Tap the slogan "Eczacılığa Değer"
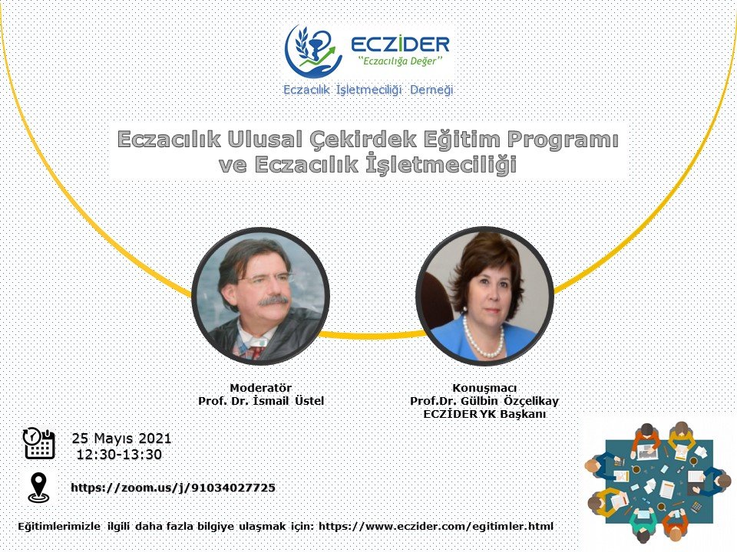pyautogui.click(x=401, y=61)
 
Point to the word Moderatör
pyautogui.click(x=261, y=388)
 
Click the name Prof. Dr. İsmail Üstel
pyautogui.click(x=261, y=401)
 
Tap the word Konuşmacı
pyautogui.click(x=484, y=388)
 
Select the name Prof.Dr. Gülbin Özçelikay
pyautogui.click(x=484, y=401)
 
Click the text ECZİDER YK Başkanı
pyautogui.click(x=484, y=415)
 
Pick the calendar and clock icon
pyautogui.click(x=38, y=443)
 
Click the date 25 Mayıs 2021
pyautogui.click(x=121, y=439)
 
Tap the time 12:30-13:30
pyautogui.click(x=119, y=455)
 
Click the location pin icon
pyautogui.click(x=38, y=488)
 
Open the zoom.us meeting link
pyautogui.click(x=173, y=488)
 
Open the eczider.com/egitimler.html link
pyautogui.click(x=436, y=526)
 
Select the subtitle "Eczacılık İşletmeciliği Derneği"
pyautogui.click(x=368, y=90)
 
